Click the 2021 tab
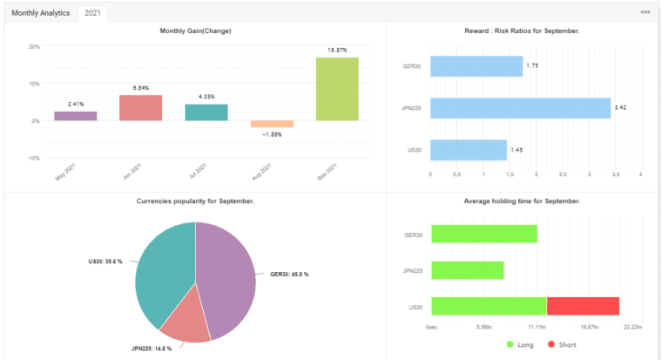(91, 13)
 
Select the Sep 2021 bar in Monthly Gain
(337, 89)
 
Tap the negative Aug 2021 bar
(272, 125)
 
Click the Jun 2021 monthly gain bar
(141, 108)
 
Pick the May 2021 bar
(76, 116)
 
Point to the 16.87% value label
(337, 51)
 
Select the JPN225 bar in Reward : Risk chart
(520, 108)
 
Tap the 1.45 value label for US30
(517, 150)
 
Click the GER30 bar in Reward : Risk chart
(476, 66)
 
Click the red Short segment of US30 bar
(583, 306)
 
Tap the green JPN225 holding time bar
(467, 270)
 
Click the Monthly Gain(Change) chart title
(195, 31)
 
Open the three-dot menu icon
(645, 12)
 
